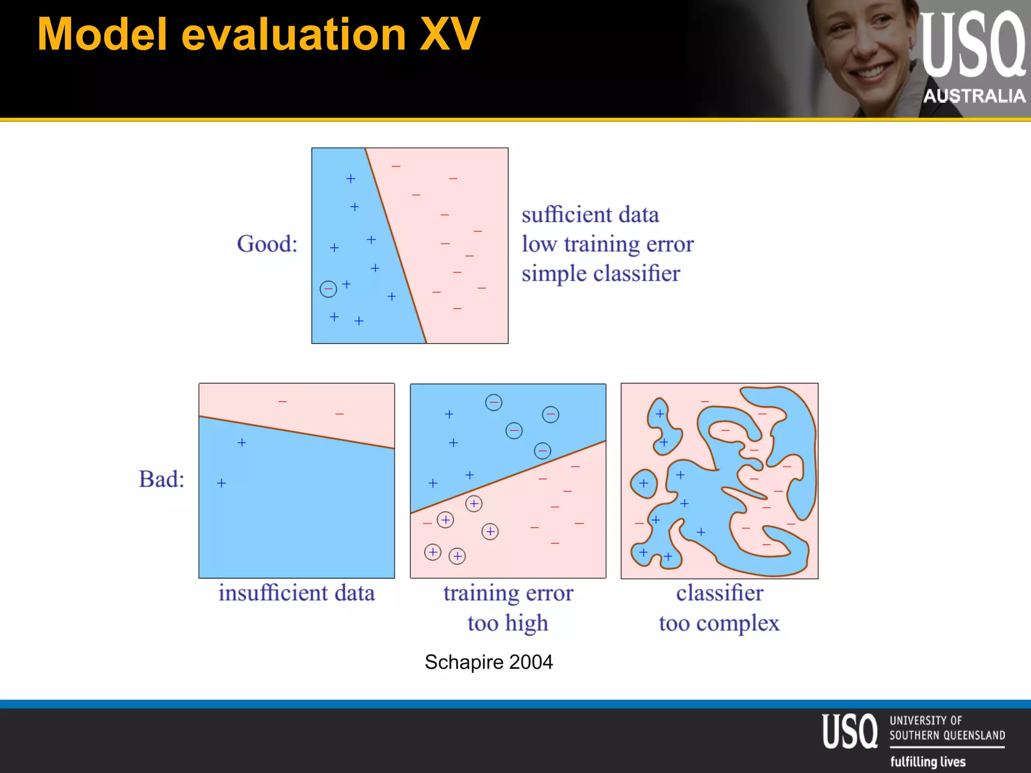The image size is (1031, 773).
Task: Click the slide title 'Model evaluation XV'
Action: pos(259,34)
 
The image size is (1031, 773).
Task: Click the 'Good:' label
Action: pos(267,244)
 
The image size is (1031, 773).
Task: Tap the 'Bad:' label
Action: pos(162,479)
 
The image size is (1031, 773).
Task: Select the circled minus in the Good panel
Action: pos(328,289)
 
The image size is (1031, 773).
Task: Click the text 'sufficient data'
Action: pos(590,215)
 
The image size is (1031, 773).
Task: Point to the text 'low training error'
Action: pos(608,244)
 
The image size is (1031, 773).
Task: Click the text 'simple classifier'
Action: pos(601,274)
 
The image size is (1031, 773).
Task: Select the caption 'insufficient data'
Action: pos(297,593)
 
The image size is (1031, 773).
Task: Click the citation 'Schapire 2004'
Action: pos(488,662)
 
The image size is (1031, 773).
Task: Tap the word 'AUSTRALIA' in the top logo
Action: pos(974,96)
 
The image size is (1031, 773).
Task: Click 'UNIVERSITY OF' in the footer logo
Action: pos(925,721)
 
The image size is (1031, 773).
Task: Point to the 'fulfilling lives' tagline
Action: pos(928,761)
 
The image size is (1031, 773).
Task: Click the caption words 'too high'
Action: pos(507,623)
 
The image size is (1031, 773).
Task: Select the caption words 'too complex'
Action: pos(719,623)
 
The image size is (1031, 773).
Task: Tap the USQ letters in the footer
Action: pos(850,731)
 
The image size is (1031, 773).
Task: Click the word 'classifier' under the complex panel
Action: pos(719,593)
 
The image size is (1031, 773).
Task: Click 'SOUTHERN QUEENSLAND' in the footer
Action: pos(947,735)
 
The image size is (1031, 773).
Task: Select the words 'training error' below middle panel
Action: pos(508,593)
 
